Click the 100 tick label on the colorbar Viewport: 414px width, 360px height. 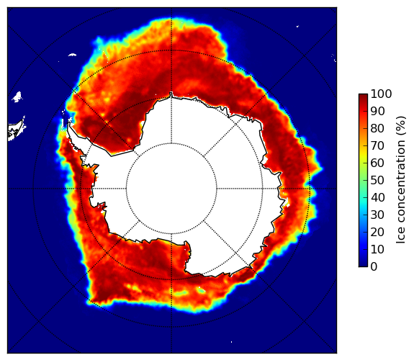(x=381, y=94)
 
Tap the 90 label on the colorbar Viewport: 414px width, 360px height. (x=377, y=111)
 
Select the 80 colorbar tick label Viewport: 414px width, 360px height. (x=377, y=128)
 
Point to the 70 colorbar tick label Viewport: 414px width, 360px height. (x=377, y=145)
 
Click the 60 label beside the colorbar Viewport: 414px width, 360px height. (x=377, y=163)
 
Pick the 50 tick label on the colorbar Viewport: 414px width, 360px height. (x=377, y=181)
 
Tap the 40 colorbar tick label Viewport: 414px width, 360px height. (x=377, y=197)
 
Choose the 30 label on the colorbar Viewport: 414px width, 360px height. (x=377, y=215)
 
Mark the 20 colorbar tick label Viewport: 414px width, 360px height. (x=377, y=232)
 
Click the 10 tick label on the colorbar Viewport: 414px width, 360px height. (x=377, y=250)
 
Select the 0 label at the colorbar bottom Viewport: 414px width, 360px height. (x=374, y=267)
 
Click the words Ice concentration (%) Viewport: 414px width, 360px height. (x=400, y=180)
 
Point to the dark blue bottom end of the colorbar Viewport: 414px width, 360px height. (x=363, y=266)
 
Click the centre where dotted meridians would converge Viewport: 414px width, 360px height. (x=171, y=189)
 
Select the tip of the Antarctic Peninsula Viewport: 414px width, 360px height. (x=69, y=123)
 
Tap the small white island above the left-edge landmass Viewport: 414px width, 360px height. (x=17, y=97)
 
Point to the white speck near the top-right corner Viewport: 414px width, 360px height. (x=297, y=26)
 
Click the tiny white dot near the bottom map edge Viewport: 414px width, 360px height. (x=231, y=342)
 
